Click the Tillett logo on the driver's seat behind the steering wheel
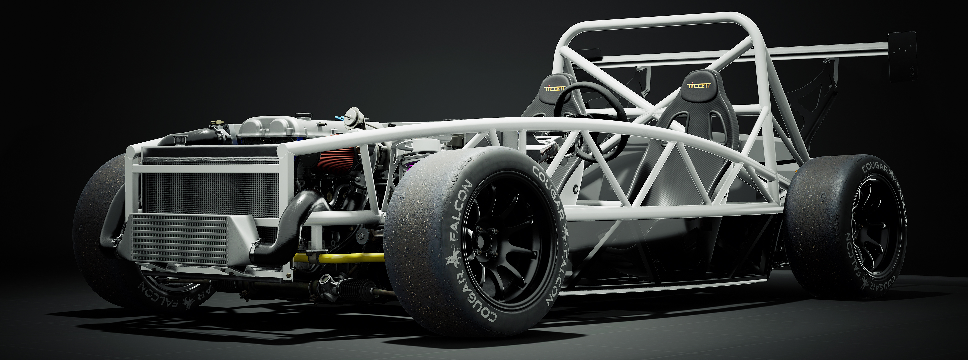pos(555,88)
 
